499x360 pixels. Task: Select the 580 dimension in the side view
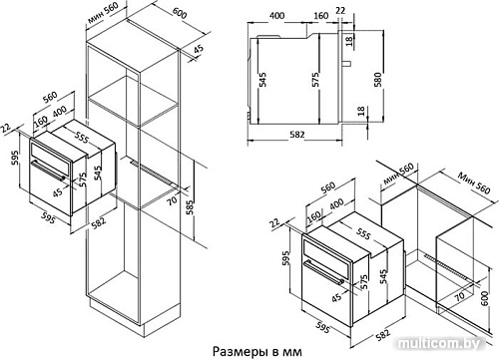pos(378,81)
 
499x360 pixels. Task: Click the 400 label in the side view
pos(276,17)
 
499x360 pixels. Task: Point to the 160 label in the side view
pos(321,17)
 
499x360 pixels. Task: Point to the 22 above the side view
pos(340,11)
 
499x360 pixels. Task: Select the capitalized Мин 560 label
pos(473,182)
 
